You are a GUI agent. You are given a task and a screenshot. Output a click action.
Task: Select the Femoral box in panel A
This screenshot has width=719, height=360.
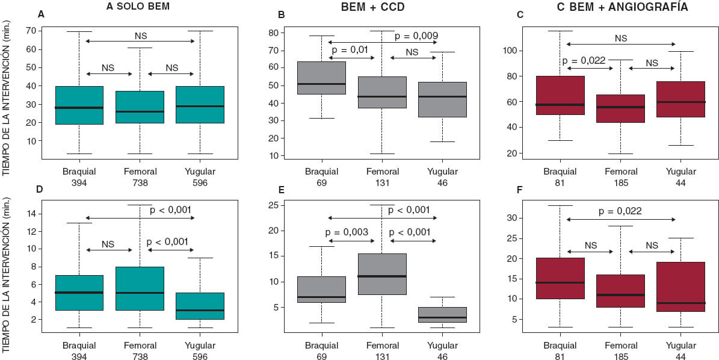tap(140, 107)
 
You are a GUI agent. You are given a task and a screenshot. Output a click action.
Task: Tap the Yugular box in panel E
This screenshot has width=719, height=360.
tap(443, 315)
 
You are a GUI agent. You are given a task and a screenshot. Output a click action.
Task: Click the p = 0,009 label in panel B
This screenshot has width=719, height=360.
tap(416, 36)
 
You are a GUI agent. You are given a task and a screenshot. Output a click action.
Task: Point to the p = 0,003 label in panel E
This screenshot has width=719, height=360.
tap(350, 232)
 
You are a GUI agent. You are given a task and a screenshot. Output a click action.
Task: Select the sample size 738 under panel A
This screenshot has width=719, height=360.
tap(140, 182)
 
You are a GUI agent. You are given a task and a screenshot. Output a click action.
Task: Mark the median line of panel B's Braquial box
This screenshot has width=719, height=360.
tap(321, 84)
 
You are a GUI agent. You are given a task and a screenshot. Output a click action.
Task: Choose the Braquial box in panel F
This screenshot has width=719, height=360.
tap(560, 278)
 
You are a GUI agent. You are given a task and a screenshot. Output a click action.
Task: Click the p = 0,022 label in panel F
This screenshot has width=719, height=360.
tap(621, 211)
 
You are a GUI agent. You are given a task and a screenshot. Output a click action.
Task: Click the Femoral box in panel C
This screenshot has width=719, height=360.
tap(621, 108)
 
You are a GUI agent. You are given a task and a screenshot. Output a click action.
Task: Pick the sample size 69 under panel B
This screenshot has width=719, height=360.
tap(321, 182)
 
